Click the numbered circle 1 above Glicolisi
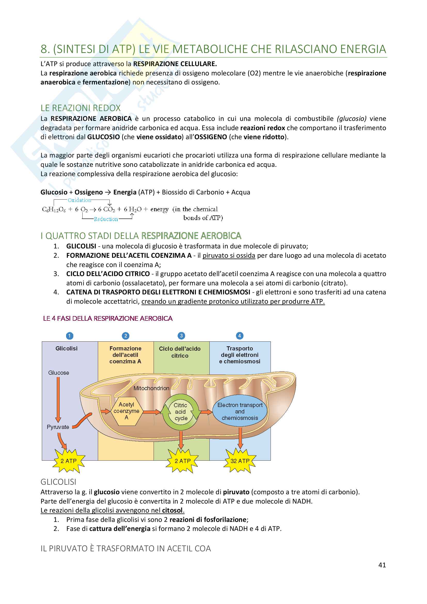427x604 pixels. (69, 336)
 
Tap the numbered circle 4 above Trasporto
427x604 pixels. (239, 336)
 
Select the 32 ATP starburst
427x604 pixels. (240, 461)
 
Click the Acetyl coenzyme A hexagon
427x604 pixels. (126, 411)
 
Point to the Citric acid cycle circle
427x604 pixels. (181, 412)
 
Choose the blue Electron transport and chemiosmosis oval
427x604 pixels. (240, 411)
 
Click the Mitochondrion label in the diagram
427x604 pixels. (151, 388)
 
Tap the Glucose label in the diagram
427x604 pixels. (59, 373)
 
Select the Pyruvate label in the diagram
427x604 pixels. (58, 427)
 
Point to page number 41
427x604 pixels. (382, 565)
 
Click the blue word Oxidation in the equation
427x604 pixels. (80, 200)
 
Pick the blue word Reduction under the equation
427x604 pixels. (106, 219)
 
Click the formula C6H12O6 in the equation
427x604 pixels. (54, 209)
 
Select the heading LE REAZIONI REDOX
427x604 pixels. (81, 108)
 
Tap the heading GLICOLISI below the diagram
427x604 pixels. (58, 482)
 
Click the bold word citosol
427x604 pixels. (172, 510)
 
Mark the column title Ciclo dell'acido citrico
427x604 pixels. (180, 352)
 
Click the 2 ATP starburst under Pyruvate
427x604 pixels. (68, 461)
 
